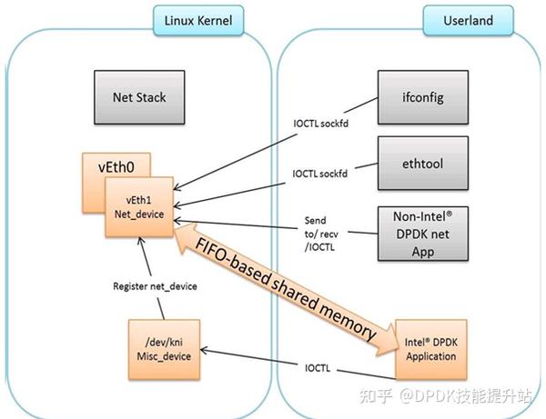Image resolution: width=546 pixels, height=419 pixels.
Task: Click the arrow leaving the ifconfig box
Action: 273,136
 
